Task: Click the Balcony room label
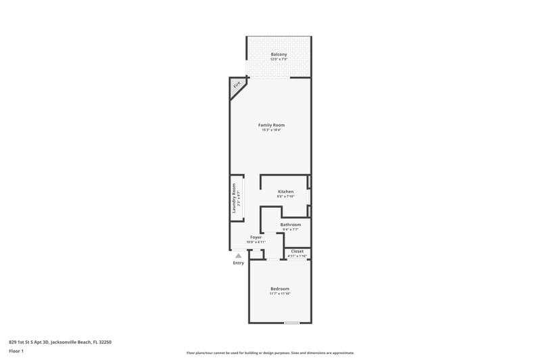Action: (x=279, y=54)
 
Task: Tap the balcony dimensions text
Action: (x=279, y=60)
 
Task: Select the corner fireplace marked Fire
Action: (x=237, y=85)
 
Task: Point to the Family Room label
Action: (x=271, y=125)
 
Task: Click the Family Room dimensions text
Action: (x=271, y=130)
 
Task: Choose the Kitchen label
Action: (x=285, y=192)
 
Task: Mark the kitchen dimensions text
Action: (x=285, y=197)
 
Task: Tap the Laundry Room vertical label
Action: (x=234, y=199)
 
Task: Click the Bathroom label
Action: (x=291, y=224)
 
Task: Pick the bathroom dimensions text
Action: (x=291, y=229)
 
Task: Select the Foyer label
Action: (x=256, y=237)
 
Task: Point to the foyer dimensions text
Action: (x=256, y=242)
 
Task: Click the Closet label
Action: (x=297, y=251)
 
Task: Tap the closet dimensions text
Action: (x=297, y=256)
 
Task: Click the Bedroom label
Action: (x=279, y=288)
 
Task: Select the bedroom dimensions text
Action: (x=279, y=294)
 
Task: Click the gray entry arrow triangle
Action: (x=238, y=256)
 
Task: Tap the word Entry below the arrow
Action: (x=238, y=263)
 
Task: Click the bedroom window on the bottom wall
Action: (x=291, y=323)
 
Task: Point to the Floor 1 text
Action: (x=16, y=351)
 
